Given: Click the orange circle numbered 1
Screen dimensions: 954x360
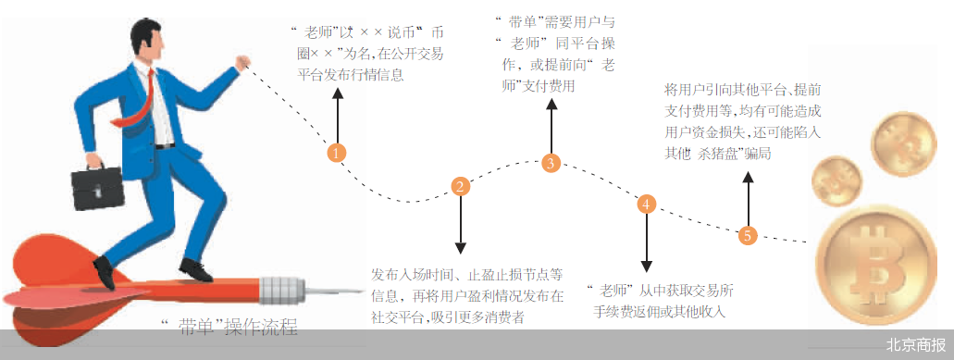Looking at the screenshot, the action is tap(337, 152).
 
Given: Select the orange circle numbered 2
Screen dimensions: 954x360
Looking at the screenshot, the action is tap(460, 186).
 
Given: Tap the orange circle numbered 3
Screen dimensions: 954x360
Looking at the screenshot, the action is tap(551, 162).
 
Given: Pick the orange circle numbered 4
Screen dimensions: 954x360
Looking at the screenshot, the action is tap(646, 205).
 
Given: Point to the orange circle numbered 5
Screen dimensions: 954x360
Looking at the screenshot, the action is tap(748, 235).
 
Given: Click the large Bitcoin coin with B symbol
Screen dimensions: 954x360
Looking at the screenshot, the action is tap(876, 264).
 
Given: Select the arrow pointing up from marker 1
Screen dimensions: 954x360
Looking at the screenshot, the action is tap(337, 115).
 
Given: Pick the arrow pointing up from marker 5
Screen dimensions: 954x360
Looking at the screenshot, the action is tap(748, 198).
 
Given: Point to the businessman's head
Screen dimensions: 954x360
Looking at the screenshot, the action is tap(147, 40).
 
